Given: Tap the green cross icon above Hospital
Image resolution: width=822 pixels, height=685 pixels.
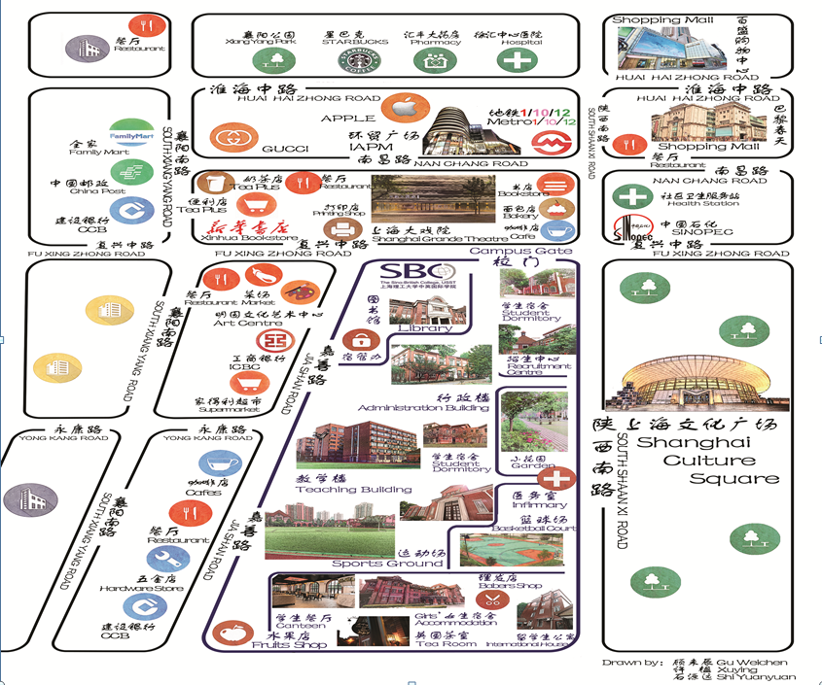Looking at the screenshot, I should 517,60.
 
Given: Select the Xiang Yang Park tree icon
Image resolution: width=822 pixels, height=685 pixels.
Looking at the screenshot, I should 275,60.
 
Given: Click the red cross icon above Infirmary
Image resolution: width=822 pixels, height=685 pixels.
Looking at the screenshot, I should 557,478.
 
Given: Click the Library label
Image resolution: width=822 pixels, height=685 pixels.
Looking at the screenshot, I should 425,327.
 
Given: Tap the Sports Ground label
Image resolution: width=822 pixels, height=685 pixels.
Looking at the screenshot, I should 374,564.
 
